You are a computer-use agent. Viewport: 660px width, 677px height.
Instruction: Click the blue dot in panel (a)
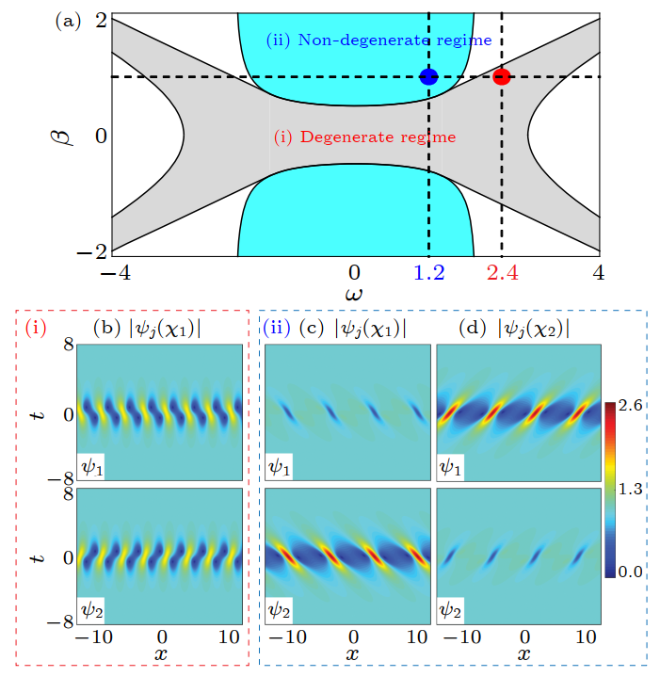click(x=428, y=76)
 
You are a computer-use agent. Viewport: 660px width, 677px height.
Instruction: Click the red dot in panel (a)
click(x=501, y=76)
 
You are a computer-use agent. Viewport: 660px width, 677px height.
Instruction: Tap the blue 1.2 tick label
click(x=428, y=273)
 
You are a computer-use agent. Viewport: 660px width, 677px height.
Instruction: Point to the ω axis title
click(x=354, y=295)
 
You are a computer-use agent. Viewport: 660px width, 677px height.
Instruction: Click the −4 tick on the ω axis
click(x=112, y=273)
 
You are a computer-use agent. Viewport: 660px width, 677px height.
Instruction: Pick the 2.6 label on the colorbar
click(x=633, y=406)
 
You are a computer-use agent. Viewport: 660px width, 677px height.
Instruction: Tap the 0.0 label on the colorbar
click(x=633, y=572)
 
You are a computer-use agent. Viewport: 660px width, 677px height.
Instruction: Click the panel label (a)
click(x=69, y=21)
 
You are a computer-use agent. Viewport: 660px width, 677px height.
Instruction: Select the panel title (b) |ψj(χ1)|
click(x=147, y=329)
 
